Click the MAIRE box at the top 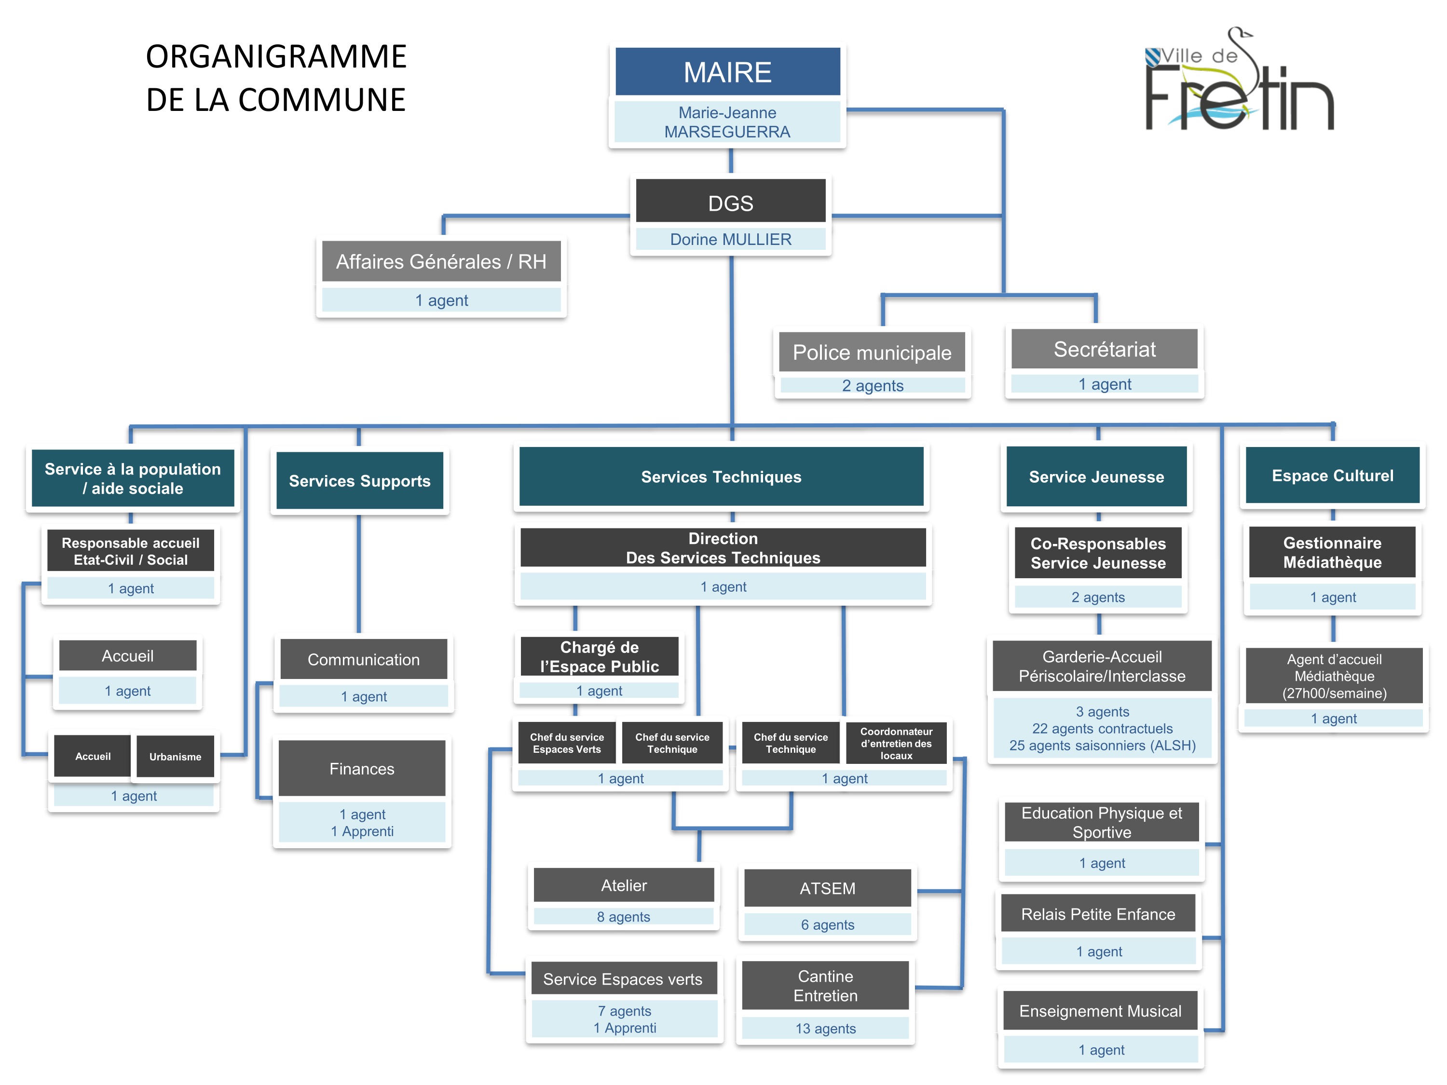point(727,72)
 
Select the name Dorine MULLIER point(730,239)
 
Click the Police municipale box point(872,353)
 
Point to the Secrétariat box point(1104,349)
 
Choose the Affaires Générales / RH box point(441,261)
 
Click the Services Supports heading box point(360,481)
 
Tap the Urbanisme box point(175,757)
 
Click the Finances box point(362,769)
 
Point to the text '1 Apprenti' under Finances point(362,831)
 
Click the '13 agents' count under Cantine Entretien point(826,1029)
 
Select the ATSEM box point(828,888)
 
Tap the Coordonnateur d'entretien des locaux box point(896,743)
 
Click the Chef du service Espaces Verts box point(567,743)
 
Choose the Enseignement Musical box point(1100,1011)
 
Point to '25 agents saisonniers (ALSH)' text point(1102,746)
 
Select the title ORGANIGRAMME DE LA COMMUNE point(275,78)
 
